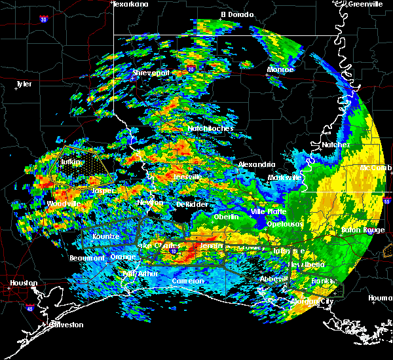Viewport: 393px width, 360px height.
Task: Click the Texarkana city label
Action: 130,4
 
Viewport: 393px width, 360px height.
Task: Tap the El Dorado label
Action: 233,14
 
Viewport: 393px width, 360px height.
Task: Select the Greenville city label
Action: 365,4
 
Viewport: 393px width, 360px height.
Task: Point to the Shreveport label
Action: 151,73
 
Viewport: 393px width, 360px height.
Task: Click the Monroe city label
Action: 280,69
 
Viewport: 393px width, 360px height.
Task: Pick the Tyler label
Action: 24,84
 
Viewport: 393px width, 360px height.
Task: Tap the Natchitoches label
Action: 210,129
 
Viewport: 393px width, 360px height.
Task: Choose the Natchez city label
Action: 335,145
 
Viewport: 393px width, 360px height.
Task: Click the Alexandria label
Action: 256,164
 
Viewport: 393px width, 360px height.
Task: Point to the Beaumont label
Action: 86,258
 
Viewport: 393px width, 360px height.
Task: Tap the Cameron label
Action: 187,281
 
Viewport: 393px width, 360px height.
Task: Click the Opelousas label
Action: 284,224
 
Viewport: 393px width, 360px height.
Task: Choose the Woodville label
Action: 64,204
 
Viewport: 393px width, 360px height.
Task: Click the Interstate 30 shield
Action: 44,20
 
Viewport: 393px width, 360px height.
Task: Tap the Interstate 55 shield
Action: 387,202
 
